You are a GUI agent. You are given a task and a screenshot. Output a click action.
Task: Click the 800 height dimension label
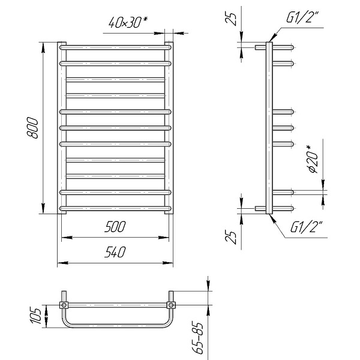click(x=32, y=128)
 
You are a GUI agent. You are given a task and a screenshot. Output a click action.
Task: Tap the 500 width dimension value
click(x=115, y=227)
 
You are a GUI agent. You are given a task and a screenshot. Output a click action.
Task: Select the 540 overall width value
click(x=115, y=252)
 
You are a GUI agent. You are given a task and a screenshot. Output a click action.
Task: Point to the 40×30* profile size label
click(x=128, y=22)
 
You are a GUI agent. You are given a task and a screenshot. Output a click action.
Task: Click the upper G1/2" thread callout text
click(x=302, y=17)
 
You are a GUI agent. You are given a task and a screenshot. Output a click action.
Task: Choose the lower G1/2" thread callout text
click(x=307, y=227)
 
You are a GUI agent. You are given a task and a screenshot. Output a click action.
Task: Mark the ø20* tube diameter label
click(x=312, y=159)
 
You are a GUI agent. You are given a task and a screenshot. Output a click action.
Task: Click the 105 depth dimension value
click(x=36, y=316)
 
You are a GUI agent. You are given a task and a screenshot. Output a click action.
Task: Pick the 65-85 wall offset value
click(x=198, y=338)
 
